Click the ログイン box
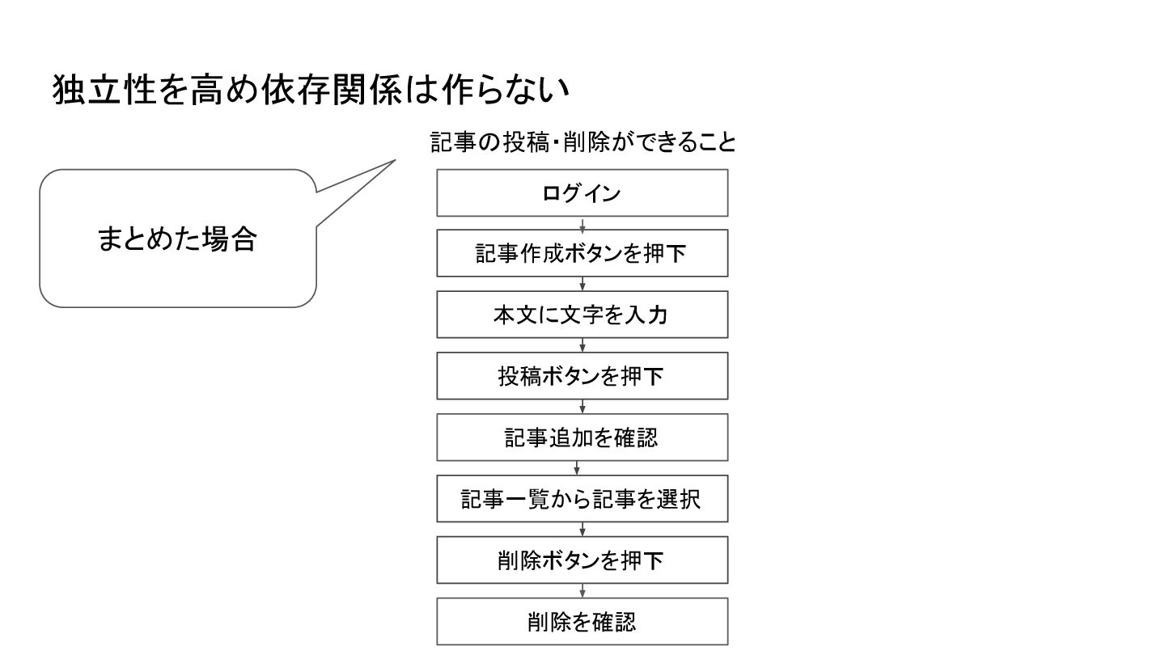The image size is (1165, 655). click(582, 193)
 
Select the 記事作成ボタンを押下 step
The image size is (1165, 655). click(582, 254)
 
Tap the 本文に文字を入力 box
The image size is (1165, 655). click(582, 315)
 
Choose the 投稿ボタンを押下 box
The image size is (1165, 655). click(582, 376)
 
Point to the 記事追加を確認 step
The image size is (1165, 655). click(582, 437)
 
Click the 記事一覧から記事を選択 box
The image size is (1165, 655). click(582, 499)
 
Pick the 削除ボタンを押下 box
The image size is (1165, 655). click(582, 560)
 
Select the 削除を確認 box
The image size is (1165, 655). click(582, 621)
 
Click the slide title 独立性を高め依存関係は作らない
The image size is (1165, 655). click(311, 90)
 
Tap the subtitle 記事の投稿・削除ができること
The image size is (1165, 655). click(583, 142)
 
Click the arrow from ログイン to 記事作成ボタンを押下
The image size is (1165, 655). click(582, 223)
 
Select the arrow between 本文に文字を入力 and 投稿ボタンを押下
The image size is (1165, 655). click(582, 345)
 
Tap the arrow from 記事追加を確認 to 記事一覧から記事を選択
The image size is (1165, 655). click(577, 468)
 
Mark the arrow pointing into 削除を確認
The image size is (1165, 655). click(582, 591)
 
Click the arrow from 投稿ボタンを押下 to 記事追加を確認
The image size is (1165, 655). click(582, 407)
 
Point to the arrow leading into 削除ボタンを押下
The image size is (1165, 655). click(582, 530)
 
